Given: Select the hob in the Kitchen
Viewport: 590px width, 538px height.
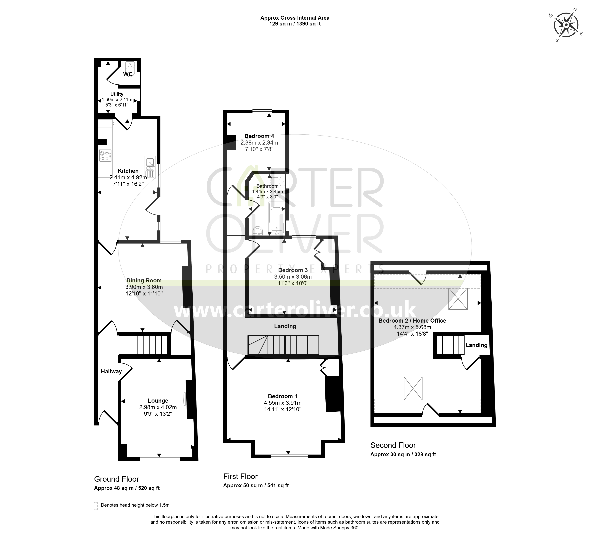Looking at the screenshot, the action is click(x=105, y=155).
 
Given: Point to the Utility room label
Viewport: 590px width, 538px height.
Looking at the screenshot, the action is click(x=117, y=94).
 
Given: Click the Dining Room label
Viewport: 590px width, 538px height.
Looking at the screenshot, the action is click(x=144, y=280).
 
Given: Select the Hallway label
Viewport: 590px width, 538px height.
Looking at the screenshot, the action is click(x=111, y=371).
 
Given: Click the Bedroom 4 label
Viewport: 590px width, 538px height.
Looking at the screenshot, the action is click(x=259, y=136).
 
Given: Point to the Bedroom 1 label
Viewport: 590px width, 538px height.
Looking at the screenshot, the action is click(x=283, y=396).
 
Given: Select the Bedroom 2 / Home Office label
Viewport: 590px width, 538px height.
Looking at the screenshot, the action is click(x=412, y=321).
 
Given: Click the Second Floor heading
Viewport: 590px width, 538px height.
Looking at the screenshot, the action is click(x=393, y=445).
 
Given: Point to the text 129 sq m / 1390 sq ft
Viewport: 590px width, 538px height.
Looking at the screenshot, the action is click(x=295, y=24).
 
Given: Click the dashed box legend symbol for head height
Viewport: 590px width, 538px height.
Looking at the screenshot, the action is click(x=96, y=506).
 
